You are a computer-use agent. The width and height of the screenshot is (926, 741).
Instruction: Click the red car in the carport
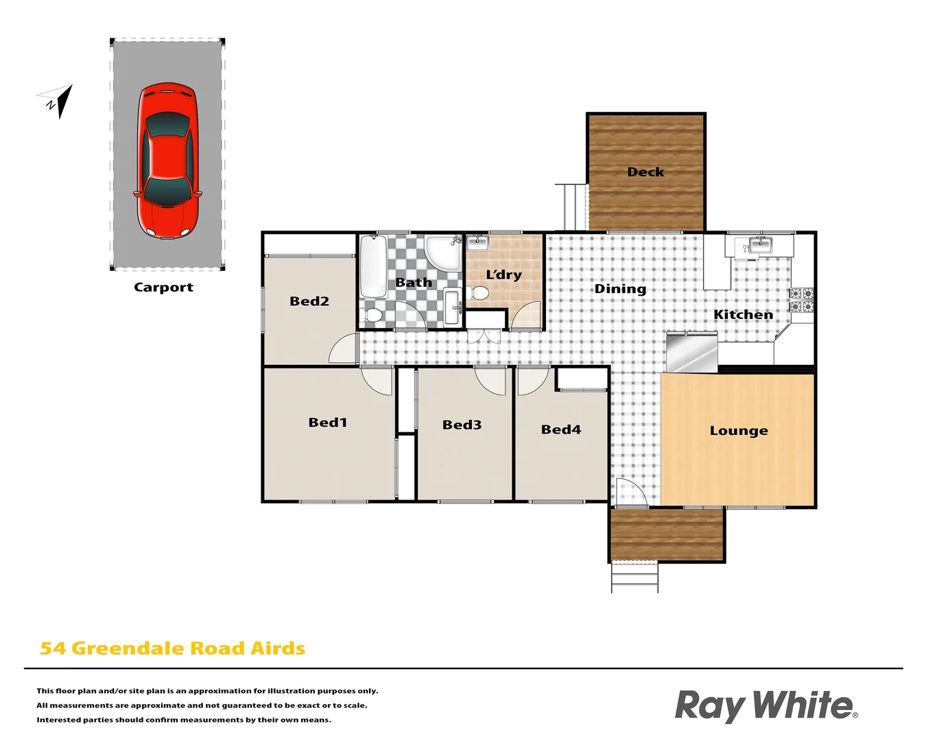pos(168,162)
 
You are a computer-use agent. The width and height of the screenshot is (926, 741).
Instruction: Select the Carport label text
pos(163,287)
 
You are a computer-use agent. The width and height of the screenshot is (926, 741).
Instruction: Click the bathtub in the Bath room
pos(373,266)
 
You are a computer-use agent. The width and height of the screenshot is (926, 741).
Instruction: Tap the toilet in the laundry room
pos(478,294)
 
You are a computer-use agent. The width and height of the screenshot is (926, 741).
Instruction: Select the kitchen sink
pos(760,245)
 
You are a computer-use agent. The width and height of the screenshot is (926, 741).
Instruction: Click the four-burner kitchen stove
pos(801,301)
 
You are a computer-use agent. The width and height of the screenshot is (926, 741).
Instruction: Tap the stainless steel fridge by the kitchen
pos(692,352)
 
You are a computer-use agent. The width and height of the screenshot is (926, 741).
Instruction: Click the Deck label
pos(645,172)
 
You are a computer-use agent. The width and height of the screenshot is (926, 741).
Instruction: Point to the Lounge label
pos(739,431)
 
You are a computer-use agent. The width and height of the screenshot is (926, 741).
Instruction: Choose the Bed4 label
pos(560,430)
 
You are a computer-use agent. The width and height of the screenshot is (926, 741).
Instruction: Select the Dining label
pos(620,289)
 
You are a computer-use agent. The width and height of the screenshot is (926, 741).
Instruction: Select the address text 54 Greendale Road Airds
pos(172,648)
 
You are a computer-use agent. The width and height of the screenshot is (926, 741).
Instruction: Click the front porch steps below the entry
pos(634,578)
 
